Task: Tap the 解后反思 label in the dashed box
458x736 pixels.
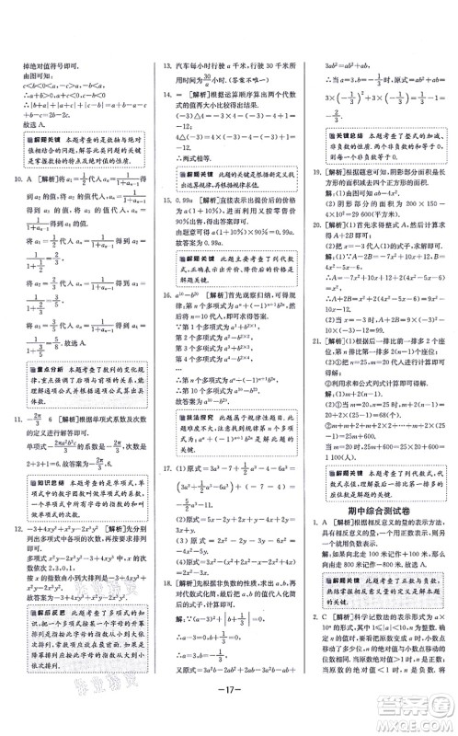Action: pos(41,634)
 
